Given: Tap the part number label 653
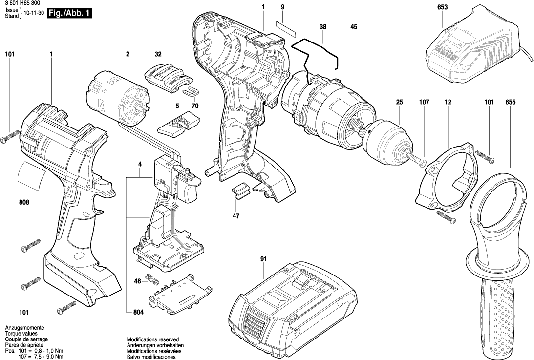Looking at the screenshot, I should coord(443,7).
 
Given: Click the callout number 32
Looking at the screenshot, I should coord(158,54).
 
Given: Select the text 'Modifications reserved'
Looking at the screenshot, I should coord(153,339).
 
